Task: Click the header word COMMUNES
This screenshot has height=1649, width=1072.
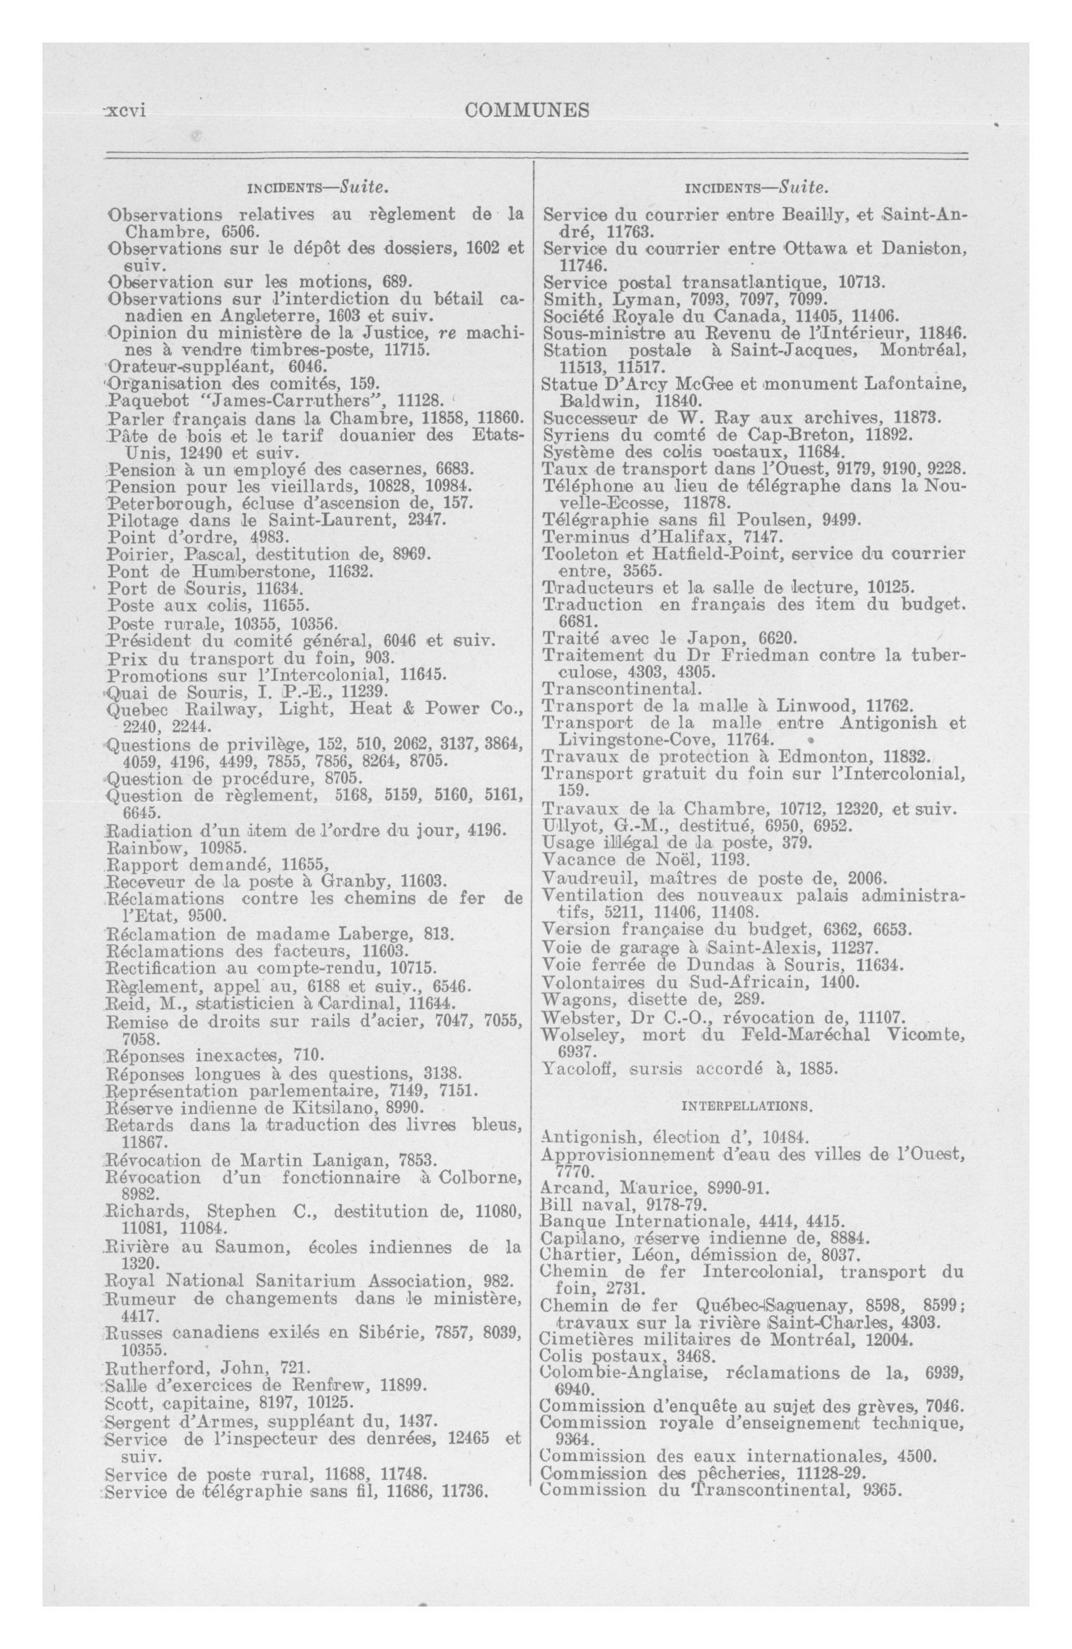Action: (528, 110)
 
